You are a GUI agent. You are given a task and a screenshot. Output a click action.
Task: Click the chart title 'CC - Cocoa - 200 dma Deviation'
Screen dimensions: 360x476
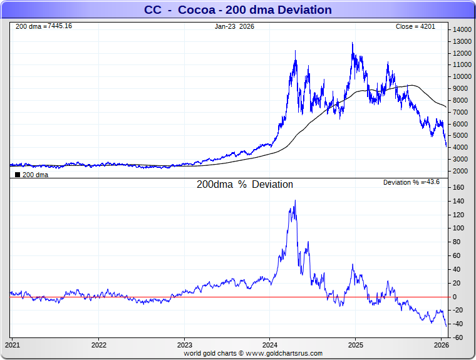(x=238, y=10)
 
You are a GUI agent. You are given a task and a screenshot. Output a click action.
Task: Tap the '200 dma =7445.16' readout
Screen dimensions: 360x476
(x=43, y=26)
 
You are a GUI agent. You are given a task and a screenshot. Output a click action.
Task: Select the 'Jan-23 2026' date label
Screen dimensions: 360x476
(x=234, y=27)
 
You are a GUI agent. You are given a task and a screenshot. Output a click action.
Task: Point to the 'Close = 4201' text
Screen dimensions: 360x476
(x=420, y=27)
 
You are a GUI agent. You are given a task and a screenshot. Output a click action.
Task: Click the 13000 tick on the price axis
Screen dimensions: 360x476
(x=463, y=41)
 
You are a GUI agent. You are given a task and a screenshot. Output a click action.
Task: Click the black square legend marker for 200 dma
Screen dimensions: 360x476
(x=18, y=175)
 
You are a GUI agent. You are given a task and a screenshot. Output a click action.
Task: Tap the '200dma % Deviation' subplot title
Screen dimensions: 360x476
(x=245, y=185)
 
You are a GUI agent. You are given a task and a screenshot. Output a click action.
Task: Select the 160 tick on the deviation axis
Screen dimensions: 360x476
(x=460, y=187)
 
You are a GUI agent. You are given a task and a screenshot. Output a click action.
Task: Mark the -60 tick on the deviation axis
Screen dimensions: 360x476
(x=458, y=338)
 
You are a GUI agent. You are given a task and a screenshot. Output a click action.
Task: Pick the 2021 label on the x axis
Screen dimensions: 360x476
(x=13, y=345)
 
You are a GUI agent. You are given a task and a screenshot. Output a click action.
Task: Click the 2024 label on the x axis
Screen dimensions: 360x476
(x=270, y=345)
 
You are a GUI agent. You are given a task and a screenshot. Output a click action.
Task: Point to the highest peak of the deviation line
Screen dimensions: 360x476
(x=295, y=201)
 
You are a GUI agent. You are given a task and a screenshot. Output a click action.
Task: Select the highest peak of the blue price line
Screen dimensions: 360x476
(x=353, y=43)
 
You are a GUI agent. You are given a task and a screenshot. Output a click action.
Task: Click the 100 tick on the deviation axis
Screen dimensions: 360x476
(x=460, y=229)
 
